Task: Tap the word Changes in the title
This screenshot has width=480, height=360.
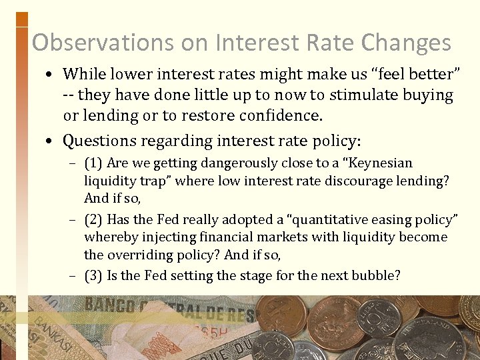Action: point(406,43)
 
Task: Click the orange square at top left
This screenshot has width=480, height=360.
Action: point(21,19)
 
